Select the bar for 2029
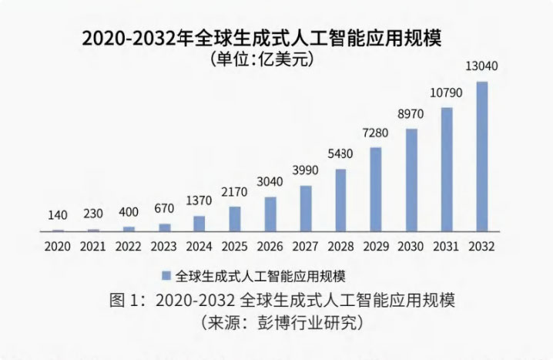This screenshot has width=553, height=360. pos(376,189)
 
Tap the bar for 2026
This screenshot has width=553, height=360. pos(270,214)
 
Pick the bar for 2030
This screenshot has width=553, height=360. pos(411,179)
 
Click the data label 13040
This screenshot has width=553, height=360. pos(482,66)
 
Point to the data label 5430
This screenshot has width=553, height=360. pos(340,153)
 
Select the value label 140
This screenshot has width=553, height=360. pos(58,214)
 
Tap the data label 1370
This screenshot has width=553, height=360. pos(199,200)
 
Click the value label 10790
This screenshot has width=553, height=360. pos(447,93)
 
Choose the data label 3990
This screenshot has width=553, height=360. pos(306,170)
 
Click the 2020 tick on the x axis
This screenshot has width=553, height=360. pos(58,247)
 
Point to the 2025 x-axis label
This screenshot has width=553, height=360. pos(234,247)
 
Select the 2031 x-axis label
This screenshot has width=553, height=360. pos(447,247)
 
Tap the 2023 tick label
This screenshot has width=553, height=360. pos(163,247)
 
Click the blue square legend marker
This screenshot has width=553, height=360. pos(166,275)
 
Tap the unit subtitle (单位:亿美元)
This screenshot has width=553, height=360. pos(262,59)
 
